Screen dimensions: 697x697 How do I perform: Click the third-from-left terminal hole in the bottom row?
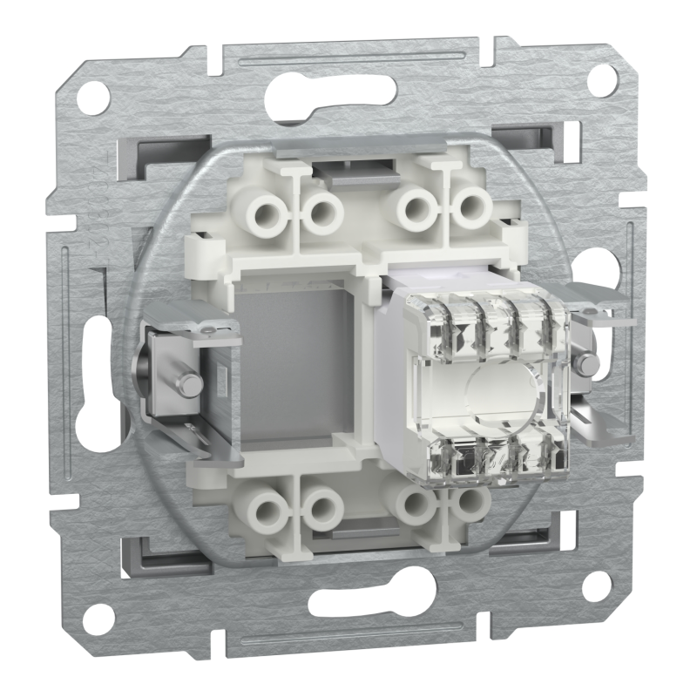click(410, 503)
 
